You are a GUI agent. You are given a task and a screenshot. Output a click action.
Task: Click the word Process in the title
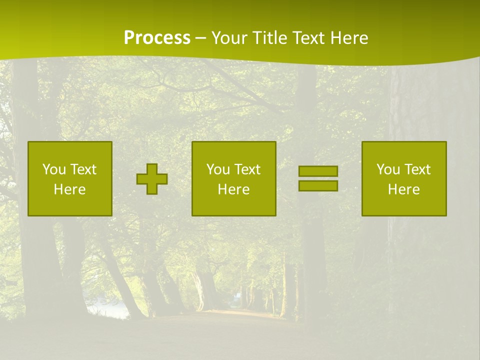point(157,38)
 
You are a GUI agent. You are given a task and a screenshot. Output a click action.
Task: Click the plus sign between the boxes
point(152,179)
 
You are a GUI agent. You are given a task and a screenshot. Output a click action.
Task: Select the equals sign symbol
point(318,178)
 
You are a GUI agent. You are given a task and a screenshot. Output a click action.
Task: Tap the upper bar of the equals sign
point(318,171)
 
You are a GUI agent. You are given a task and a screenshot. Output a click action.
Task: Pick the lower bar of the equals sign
point(318,185)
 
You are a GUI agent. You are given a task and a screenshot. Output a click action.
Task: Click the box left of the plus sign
point(70,178)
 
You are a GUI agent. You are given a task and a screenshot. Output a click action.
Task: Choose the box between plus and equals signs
point(233,178)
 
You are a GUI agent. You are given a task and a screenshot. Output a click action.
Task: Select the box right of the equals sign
point(404,178)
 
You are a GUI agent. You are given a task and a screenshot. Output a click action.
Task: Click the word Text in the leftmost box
point(83,169)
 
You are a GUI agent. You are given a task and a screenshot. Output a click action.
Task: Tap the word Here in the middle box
point(233,189)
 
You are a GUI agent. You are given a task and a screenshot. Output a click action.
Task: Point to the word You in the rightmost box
point(388,169)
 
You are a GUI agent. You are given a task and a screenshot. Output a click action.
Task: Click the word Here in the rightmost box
point(404,189)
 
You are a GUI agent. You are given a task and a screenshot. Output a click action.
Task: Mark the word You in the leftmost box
point(53,169)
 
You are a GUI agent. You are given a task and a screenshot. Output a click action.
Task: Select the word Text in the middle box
point(247,169)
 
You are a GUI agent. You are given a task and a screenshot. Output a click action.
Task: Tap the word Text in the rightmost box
point(417,169)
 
